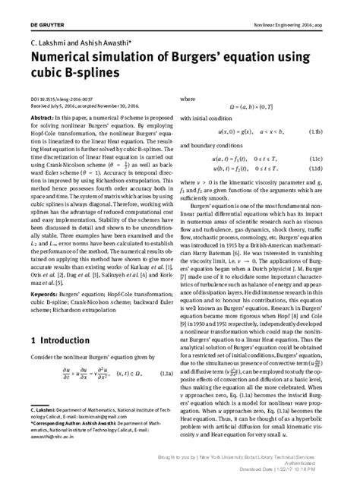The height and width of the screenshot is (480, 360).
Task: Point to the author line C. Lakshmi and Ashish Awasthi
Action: pos(70,33)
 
